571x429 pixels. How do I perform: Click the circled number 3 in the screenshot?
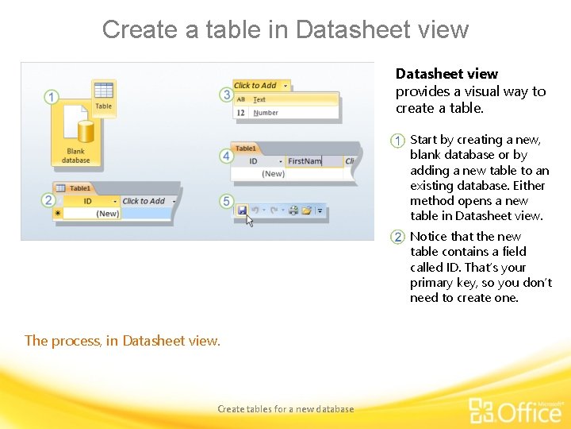226,95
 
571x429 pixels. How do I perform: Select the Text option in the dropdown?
259,99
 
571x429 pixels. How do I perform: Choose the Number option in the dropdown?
266,113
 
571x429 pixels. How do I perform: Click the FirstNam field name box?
305,161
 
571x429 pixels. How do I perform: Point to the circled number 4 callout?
226,156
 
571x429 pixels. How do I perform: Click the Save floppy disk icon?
242,211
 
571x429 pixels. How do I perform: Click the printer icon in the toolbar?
293,211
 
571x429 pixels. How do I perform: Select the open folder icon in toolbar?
306,211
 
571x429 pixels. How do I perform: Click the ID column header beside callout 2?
88,201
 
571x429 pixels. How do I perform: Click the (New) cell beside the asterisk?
107,213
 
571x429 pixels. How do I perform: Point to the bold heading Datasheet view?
446,74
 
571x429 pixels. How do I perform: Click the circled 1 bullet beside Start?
398,141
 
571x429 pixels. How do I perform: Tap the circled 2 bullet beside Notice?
398,238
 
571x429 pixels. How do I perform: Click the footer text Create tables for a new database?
285,409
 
